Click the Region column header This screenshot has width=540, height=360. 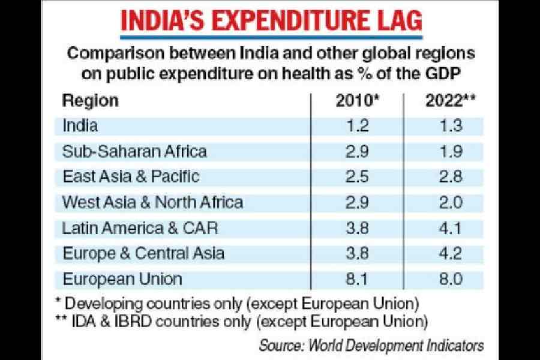tap(91, 100)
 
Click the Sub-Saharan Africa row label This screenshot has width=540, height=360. tap(134, 151)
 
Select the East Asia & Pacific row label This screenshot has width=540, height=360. tap(131, 176)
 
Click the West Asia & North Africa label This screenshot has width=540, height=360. tap(153, 202)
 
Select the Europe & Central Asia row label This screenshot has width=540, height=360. tap(143, 254)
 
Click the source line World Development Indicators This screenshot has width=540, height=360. tap(371, 346)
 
